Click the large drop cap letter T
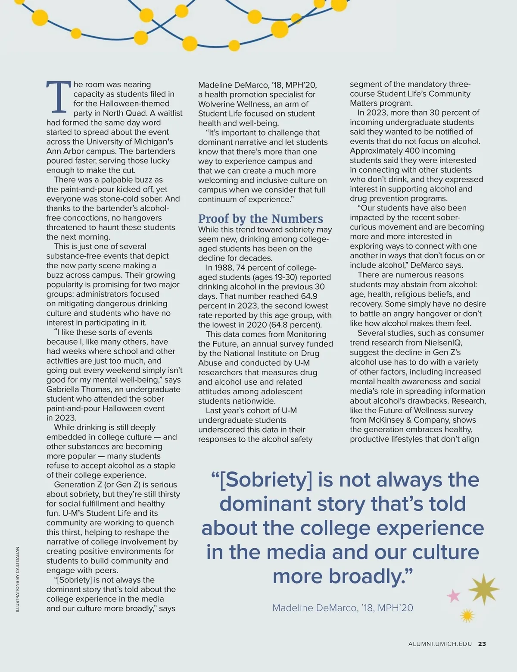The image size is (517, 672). click(x=58, y=96)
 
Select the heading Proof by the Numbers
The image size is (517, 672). click(x=260, y=219)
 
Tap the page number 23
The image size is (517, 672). click(x=482, y=644)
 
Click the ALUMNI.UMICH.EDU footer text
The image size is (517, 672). click(x=440, y=644)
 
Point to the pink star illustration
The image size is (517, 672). click(x=453, y=596)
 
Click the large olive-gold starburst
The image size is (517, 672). click(x=483, y=589)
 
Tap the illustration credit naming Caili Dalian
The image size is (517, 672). click(x=18, y=579)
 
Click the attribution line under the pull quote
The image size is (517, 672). click(x=343, y=608)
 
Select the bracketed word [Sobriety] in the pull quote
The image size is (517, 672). click(x=265, y=480)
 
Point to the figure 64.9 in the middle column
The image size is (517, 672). click(x=309, y=296)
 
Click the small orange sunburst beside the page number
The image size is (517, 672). click(x=467, y=615)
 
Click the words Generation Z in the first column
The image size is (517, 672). click(x=77, y=484)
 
